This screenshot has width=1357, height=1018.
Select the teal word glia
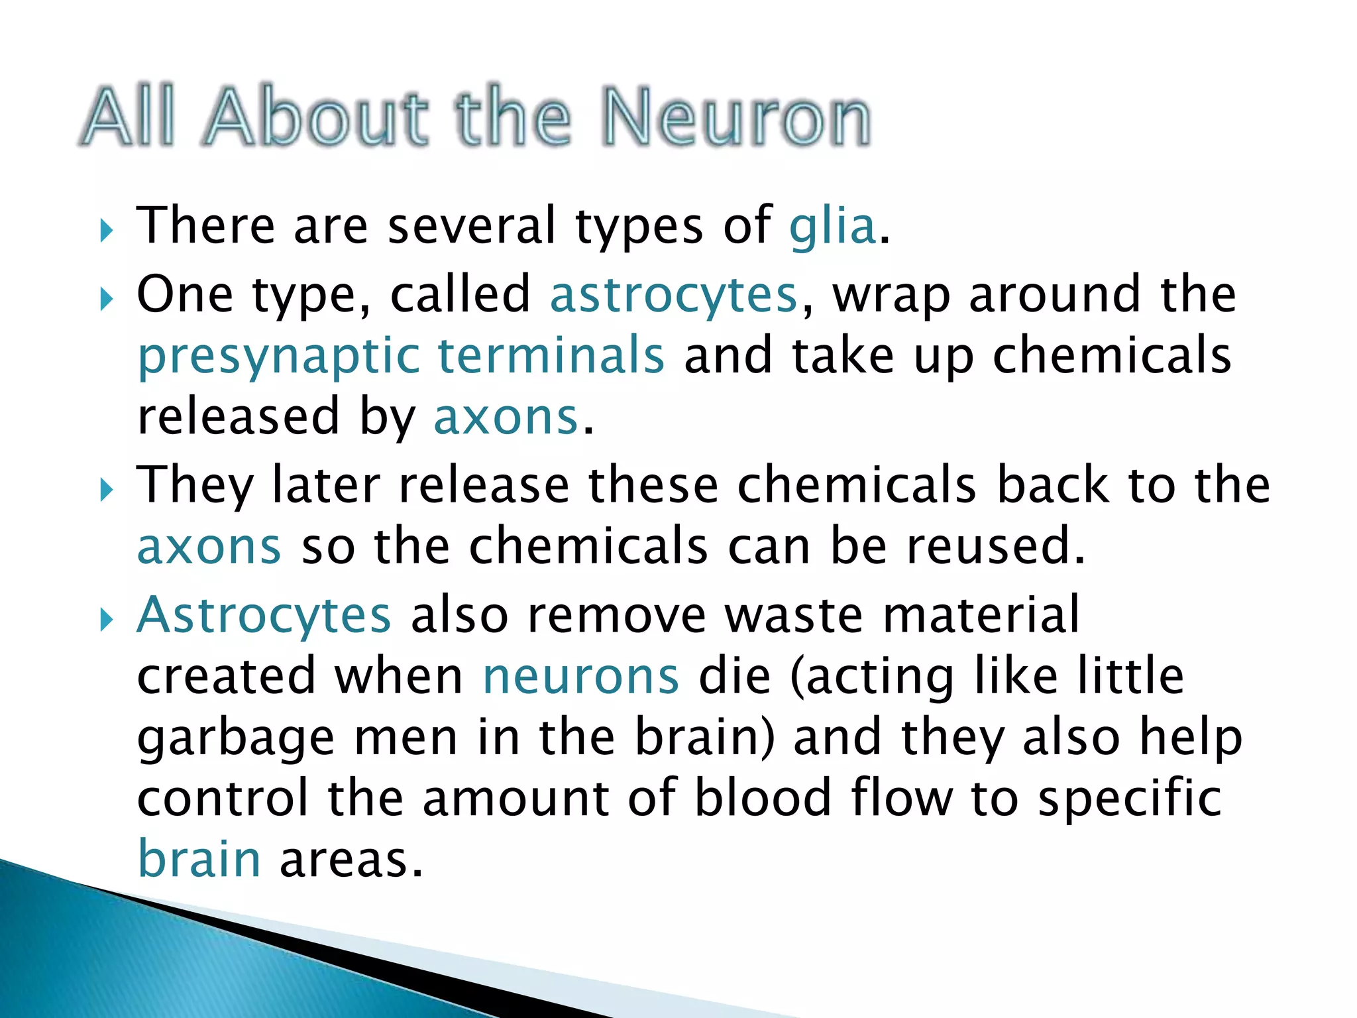click(x=833, y=226)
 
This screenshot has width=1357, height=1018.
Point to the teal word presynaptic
click(x=278, y=357)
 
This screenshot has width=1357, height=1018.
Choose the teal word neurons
click(x=580, y=677)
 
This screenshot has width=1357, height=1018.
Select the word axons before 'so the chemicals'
click(x=209, y=547)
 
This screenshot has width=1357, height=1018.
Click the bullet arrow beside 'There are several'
click(x=106, y=231)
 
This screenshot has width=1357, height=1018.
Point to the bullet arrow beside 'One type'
click(x=106, y=300)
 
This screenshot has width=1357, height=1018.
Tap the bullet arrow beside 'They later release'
click(x=106, y=490)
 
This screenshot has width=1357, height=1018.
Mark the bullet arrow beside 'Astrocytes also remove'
click(x=106, y=620)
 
